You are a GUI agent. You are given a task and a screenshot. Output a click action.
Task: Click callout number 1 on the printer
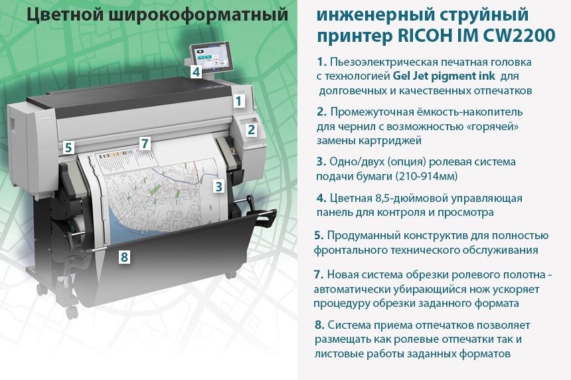point(239,100)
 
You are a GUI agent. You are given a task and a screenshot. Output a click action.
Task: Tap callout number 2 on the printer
point(251,130)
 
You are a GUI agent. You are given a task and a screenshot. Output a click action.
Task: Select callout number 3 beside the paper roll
point(219,187)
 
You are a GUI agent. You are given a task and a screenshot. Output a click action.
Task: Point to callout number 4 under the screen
point(197,71)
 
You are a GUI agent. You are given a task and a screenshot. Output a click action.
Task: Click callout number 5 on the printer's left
point(68,147)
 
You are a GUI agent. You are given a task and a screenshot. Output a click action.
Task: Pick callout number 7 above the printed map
point(145,143)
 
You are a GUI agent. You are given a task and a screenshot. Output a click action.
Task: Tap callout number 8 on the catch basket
point(124,257)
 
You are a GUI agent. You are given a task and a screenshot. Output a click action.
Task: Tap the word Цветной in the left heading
point(65,15)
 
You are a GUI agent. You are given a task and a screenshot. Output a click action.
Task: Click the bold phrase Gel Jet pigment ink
point(444,76)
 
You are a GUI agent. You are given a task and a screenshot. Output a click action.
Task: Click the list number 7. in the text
point(319,274)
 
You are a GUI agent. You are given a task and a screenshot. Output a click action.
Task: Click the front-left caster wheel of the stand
point(72,312)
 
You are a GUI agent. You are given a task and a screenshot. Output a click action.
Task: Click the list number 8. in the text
point(319,325)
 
